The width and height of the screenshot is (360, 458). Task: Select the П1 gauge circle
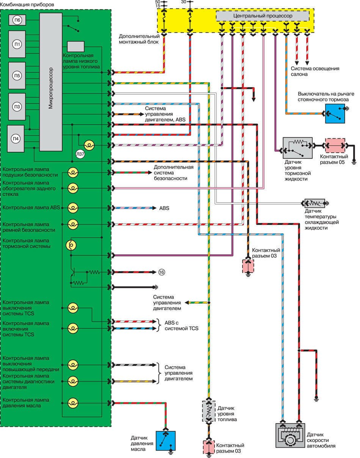[17, 45]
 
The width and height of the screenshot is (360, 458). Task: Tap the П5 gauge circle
[17, 75]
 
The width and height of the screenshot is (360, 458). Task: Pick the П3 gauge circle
[17, 106]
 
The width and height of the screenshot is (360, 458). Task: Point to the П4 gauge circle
[17, 138]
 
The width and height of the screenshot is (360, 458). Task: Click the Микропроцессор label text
[51, 88]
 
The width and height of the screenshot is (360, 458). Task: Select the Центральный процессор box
[262, 16]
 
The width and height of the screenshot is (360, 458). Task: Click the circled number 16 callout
[162, 272]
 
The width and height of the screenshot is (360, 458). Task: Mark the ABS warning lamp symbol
[72, 208]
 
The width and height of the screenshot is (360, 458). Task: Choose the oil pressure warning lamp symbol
[72, 403]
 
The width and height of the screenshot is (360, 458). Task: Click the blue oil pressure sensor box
[165, 441]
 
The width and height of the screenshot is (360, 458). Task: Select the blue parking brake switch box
[335, 113]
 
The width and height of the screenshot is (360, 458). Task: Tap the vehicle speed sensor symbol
[290, 435]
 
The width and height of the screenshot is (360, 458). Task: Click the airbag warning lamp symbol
[72, 173]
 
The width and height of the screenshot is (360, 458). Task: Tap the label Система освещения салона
[315, 72]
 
